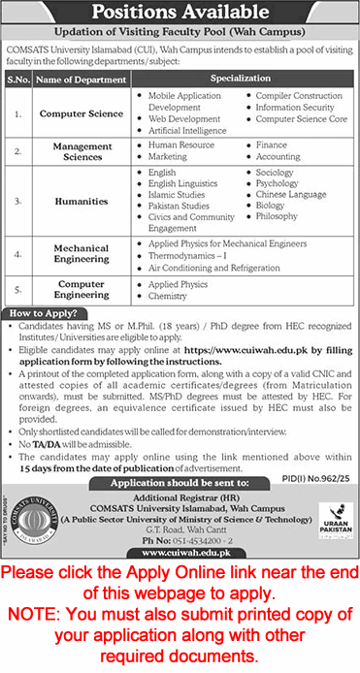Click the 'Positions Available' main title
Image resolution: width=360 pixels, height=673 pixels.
point(180,15)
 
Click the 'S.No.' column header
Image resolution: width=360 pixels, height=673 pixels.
point(18,79)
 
